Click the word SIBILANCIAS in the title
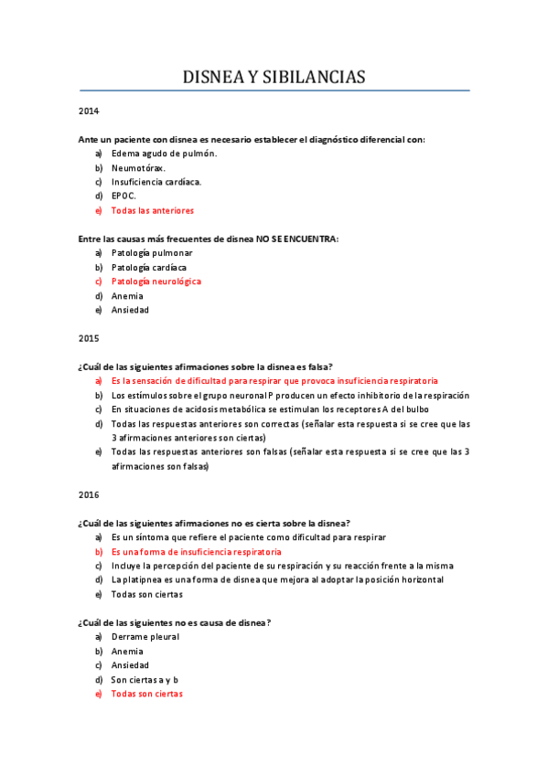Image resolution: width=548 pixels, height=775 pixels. coord(313,78)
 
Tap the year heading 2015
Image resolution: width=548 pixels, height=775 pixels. coord(89,338)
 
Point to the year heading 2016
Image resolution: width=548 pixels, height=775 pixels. coord(89,494)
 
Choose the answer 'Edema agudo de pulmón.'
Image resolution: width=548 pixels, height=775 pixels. coord(164,154)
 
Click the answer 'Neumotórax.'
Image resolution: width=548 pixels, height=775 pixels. coord(138,168)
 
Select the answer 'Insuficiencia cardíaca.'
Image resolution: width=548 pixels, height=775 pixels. coord(156,182)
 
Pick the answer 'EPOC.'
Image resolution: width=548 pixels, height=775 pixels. coord(124,196)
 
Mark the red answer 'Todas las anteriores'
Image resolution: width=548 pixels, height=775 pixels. coord(152,210)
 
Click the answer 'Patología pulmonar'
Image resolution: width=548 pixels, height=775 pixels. coord(152,252)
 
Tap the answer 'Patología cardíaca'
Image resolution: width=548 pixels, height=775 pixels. coord(149,267)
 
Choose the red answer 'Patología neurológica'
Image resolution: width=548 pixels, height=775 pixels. coord(156,281)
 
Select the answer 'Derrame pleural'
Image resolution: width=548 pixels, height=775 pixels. coord(145,636)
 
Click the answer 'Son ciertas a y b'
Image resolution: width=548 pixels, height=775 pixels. coord(145,680)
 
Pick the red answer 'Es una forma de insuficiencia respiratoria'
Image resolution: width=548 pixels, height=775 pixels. coord(196,552)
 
